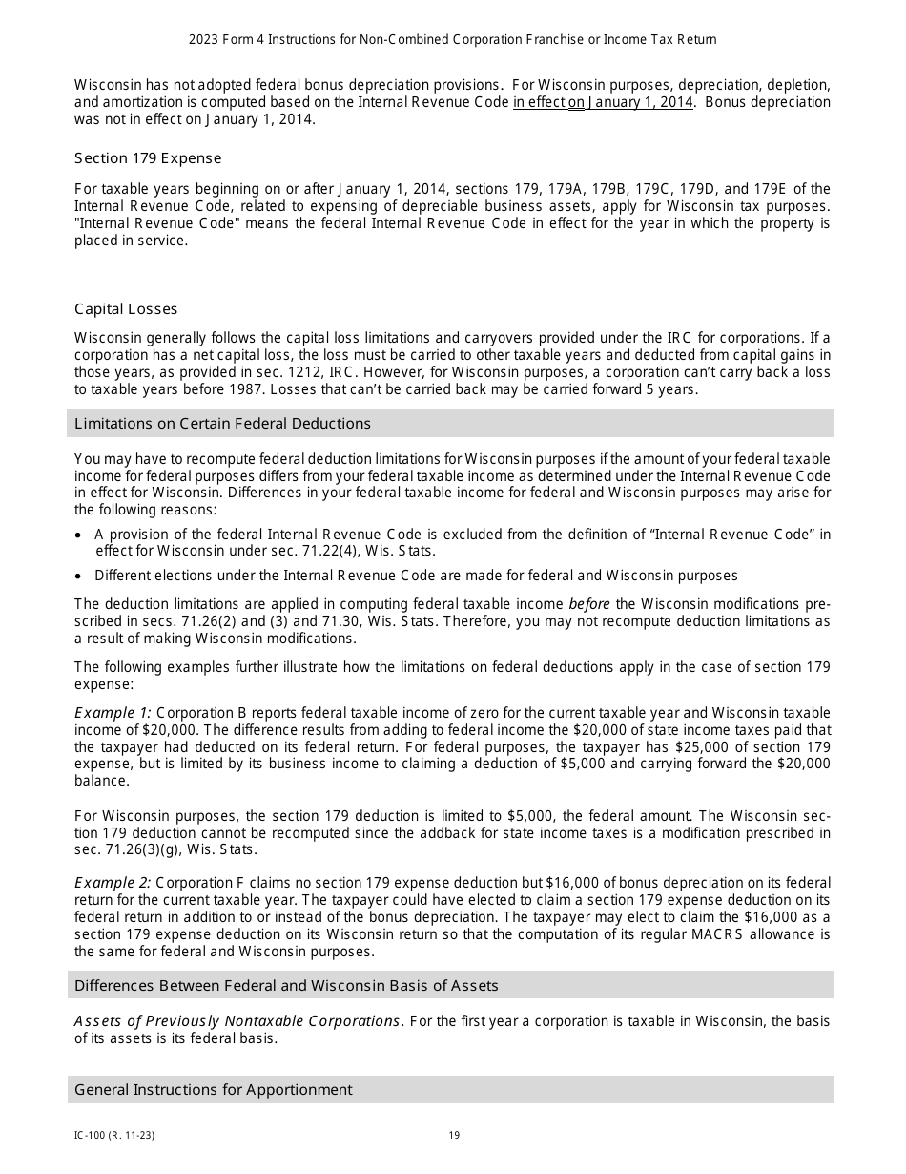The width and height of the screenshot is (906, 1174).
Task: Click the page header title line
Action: tap(452, 40)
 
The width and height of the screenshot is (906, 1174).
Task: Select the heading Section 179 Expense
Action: tap(148, 158)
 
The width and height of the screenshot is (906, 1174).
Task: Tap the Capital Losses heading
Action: tap(126, 309)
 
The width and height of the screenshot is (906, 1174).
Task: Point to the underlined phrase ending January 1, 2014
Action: tap(603, 103)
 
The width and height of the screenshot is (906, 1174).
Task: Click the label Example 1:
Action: tap(113, 713)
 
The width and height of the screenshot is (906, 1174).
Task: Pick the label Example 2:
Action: tap(113, 883)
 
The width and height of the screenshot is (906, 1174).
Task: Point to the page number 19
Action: tap(454, 1136)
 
